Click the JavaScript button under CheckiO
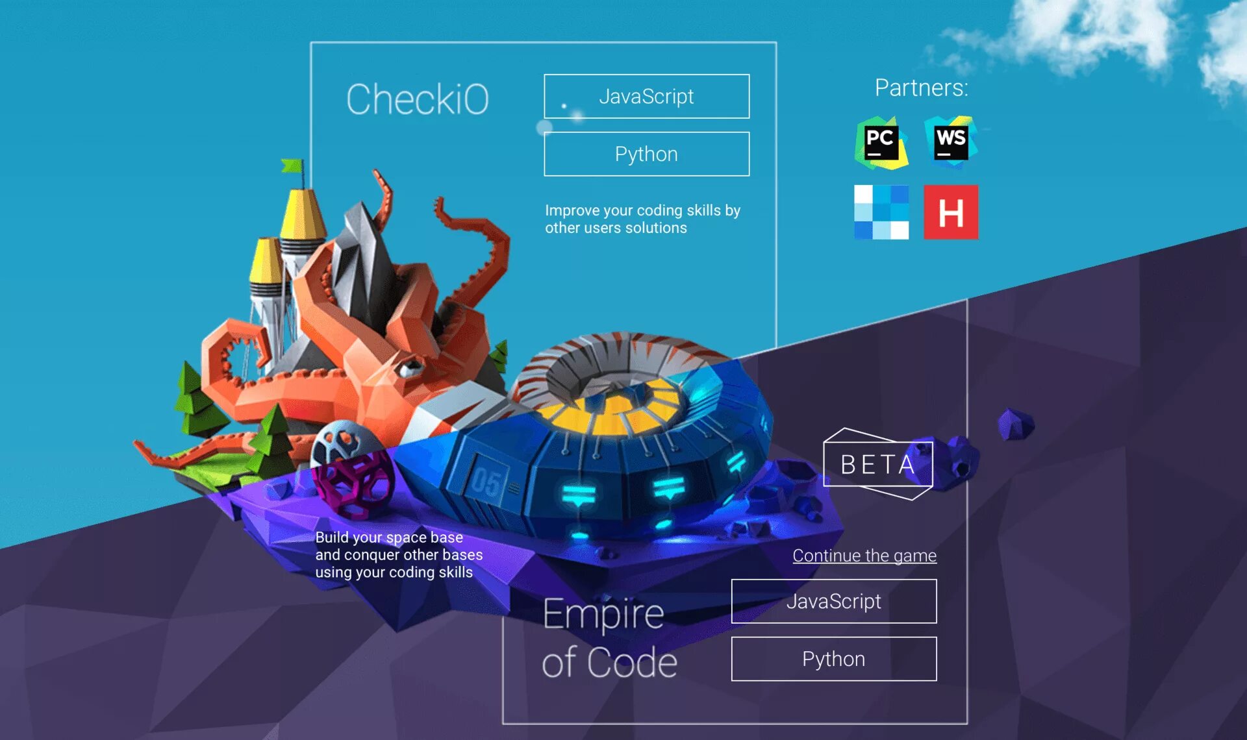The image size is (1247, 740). tap(646, 97)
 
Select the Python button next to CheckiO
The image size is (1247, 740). tap(646, 154)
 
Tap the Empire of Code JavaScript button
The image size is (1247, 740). tap(833, 602)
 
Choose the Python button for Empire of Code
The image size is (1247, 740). tap(833, 660)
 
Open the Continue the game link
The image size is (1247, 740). tap(864, 556)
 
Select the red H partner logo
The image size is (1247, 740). tap(951, 212)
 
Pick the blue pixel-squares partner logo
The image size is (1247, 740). tap(881, 212)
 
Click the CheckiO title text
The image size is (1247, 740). tap(417, 99)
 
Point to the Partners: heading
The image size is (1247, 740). tap(921, 88)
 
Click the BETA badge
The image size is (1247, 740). tap(877, 465)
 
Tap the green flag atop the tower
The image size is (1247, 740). tap(293, 166)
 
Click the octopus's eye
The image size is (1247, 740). tap(410, 368)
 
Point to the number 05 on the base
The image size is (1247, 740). tap(486, 482)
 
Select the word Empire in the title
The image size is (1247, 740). tap(603, 614)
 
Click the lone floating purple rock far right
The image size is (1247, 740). tap(1015, 424)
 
